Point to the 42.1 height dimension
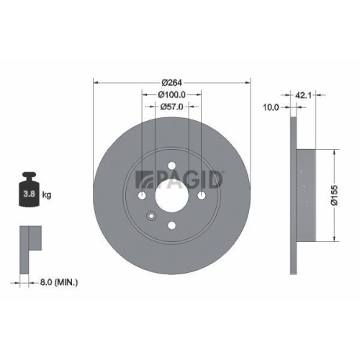[x=302, y=92]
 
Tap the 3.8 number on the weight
[x=29, y=194]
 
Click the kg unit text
[x=47, y=194]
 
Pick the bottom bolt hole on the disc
[x=171, y=225]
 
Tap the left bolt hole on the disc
[x=143, y=197]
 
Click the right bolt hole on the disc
[x=201, y=196]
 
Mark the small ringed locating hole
[x=151, y=216]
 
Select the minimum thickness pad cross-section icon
[x=29, y=238]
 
